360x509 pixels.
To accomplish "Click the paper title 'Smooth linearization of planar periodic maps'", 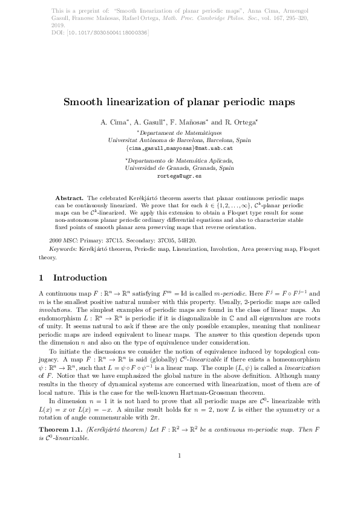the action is (180, 102).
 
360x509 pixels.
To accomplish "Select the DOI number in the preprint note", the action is (113, 33).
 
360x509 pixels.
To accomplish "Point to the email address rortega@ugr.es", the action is (180, 175).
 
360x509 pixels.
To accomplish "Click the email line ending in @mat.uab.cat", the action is (180, 147).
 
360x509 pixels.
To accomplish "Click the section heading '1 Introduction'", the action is (72, 278).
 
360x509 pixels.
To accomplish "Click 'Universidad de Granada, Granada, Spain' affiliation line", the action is (180, 168).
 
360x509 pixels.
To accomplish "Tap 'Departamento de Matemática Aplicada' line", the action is (180, 161).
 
